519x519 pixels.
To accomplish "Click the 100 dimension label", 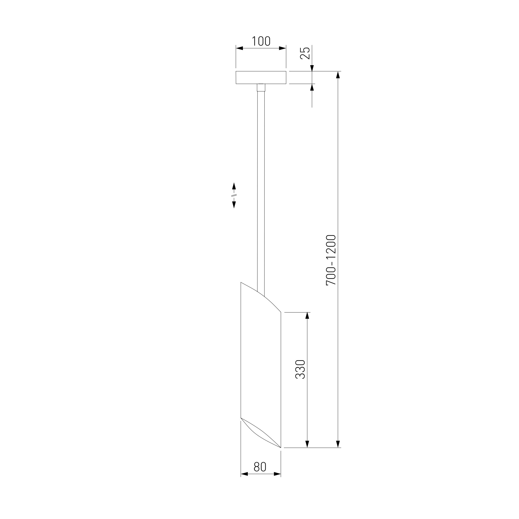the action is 261,41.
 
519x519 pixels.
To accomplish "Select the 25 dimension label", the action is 305,53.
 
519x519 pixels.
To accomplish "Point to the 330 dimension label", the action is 300,369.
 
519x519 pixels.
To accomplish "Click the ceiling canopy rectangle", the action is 261,78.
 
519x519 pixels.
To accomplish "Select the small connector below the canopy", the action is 261,88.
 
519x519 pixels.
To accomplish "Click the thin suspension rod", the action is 261,191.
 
